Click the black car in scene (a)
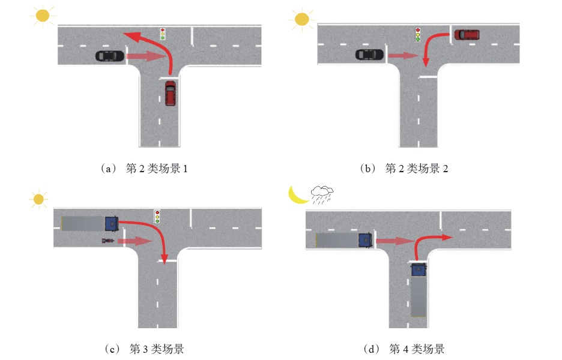tap(110, 56)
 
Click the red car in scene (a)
tap(171, 94)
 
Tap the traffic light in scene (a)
tap(162, 34)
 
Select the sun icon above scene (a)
tap(41, 16)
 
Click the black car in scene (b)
tap(369, 55)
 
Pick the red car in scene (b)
tap(467, 34)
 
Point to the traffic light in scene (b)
tap(418, 34)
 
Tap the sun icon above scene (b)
tap(301, 20)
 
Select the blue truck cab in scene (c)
tap(112, 223)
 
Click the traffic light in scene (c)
tap(157, 217)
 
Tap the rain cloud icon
tap(322, 194)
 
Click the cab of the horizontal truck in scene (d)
tap(365, 240)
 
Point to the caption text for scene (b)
tap(405, 169)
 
